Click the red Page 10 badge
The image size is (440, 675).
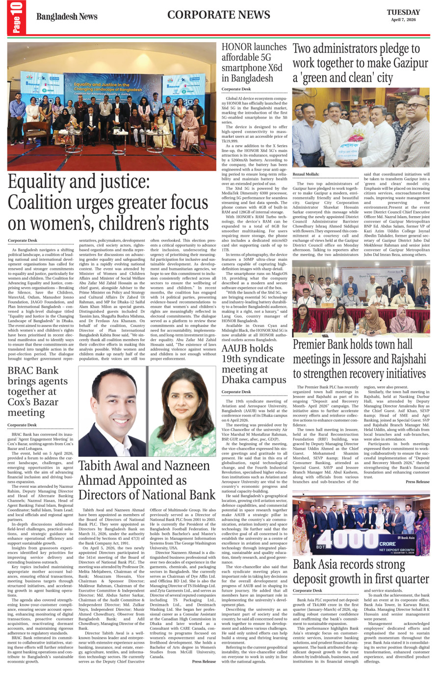coord(16,18)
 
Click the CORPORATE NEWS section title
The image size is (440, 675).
coord(218,15)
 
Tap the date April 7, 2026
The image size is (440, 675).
coord(403,20)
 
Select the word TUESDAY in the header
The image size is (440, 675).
coord(403,12)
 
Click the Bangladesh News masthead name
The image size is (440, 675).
coord(67,17)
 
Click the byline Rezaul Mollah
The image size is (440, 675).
coord(306,174)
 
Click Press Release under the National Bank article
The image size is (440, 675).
coord(204,661)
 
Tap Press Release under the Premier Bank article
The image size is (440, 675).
coord(417,482)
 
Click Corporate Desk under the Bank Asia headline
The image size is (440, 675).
coord(308,591)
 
